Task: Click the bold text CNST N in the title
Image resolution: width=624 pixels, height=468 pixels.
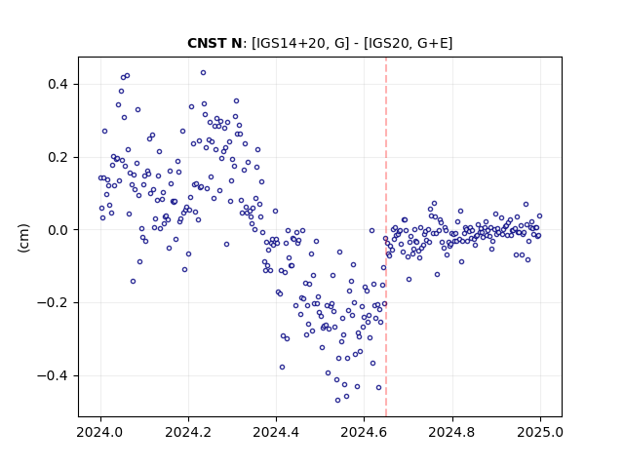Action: click(x=214, y=43)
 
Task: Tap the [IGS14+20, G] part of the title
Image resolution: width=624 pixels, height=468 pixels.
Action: click(x=300, y=43)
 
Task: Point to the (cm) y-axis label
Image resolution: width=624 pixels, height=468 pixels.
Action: click(x=23, y=238)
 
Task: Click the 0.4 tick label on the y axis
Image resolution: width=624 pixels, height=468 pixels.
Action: click(x=58, y=85)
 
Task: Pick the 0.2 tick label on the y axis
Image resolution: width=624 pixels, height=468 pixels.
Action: click(x=58, y=157)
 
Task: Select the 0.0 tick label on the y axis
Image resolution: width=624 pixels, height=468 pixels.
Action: click(x=58, y=230)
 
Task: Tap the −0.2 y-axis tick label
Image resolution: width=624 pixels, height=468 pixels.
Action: click(x=54, y=303)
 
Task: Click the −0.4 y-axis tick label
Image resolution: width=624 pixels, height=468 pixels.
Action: click(x=54, y=375)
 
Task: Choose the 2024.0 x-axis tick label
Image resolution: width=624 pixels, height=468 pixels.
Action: click(x=100, y=432)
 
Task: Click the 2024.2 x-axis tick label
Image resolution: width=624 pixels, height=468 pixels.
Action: click(x=188, y=432)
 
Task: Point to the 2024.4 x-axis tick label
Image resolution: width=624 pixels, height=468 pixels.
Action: click(x=276, y=432)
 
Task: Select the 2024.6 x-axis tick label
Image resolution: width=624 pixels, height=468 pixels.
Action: click(x=364, y=432)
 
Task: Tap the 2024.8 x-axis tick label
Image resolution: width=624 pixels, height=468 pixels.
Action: click(x=452, y=432)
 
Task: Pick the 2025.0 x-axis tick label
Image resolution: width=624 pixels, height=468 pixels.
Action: click(x=540, y=432)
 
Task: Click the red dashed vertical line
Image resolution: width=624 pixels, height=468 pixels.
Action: click(x=386, y=237)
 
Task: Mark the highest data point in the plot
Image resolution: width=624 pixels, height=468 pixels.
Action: click(x=204, y=73)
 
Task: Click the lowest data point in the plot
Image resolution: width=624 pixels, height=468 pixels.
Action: click(x=338, y=401)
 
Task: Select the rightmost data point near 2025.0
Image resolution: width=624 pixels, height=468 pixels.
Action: click(x=539, y=216)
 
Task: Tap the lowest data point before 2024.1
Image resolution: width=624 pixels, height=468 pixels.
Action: click(x=133, y=282)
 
